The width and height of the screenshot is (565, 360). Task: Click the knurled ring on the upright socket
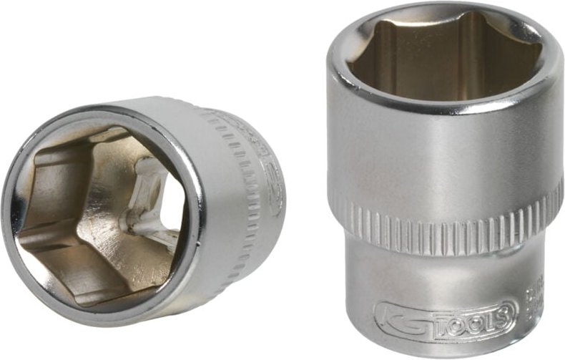443,222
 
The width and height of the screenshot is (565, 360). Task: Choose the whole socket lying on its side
143,208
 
